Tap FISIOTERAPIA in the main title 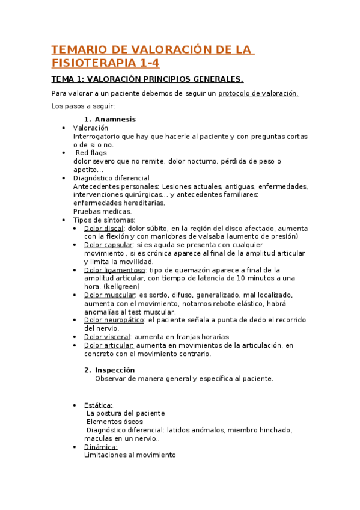[93, 63]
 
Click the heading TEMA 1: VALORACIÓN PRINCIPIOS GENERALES [147, 79]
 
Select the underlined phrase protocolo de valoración [258, 93]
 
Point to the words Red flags [91, 153]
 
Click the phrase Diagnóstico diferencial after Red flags [111, 178]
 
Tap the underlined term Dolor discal [103, 229]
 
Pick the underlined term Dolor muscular [109, 295]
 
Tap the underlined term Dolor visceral [107, 337]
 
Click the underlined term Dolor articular [109, 345]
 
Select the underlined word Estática [98, 405]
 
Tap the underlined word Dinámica [100, 447]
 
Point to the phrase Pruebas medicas [102, 211]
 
